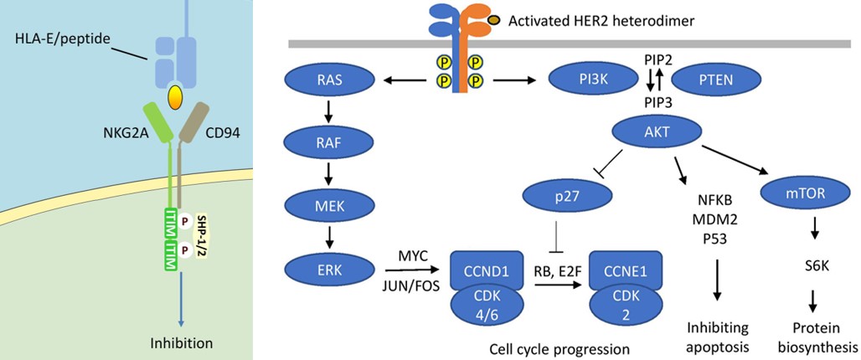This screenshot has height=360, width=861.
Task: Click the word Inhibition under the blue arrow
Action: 181,342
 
